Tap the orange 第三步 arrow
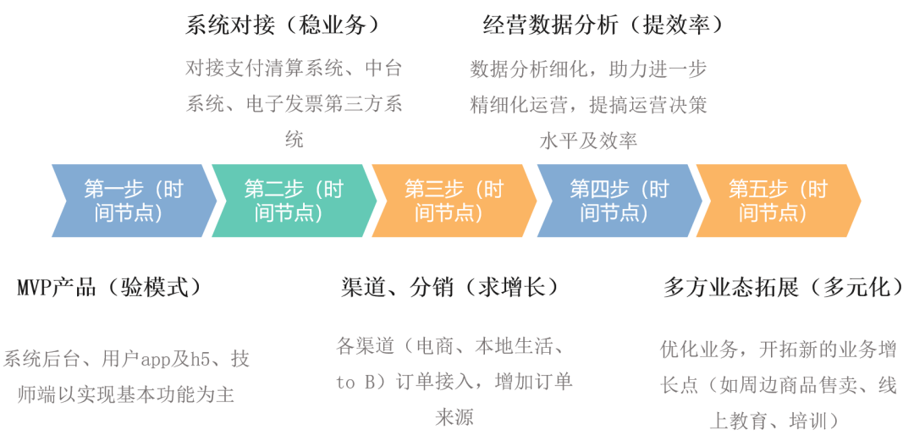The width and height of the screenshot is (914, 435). [x=454, y=201]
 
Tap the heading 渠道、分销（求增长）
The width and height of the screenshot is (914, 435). [x=449, y=288]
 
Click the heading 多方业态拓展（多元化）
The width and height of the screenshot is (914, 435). [x=784, y=288]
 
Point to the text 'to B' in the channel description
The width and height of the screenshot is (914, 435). [x=355, y=383]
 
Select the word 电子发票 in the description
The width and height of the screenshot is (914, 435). [x=276, y=104]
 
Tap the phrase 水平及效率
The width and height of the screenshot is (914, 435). [x=588, y=140]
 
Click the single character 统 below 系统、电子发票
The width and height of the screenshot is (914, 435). [x=294, y=140]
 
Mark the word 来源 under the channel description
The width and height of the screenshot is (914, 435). [x=454, y=417]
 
